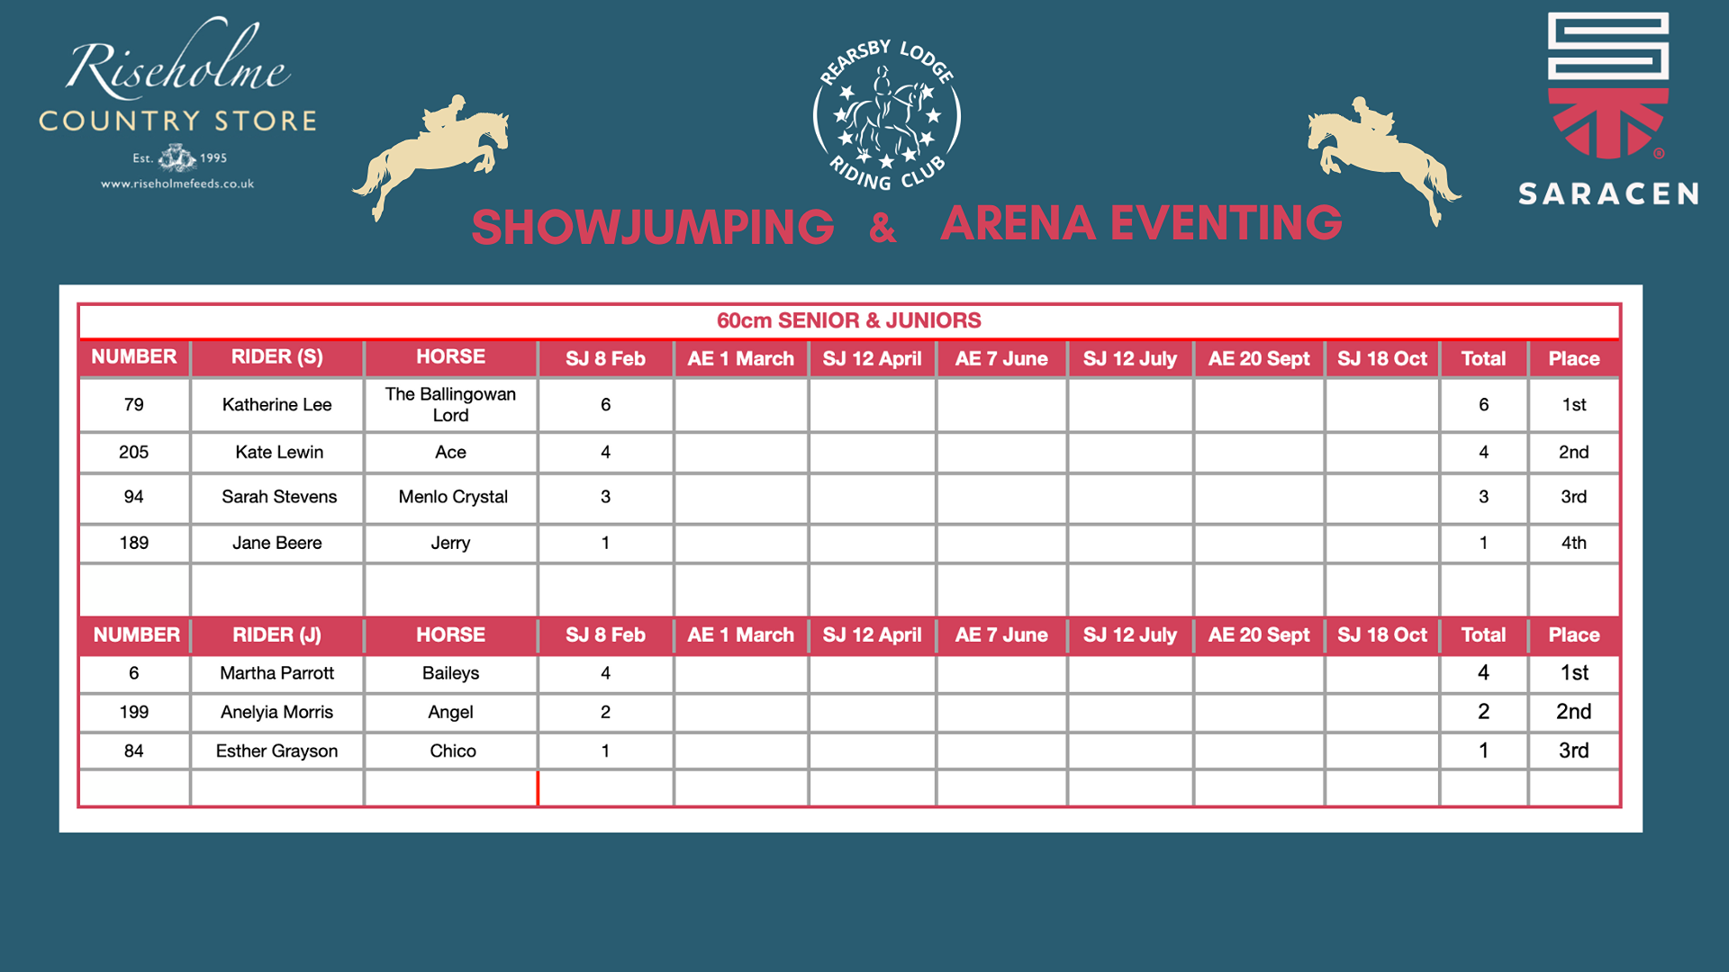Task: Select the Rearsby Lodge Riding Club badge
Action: click(887, 115)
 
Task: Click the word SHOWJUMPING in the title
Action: click(653, 227)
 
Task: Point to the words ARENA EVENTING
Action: click(1141, 223)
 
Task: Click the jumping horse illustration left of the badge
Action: click(431, 156)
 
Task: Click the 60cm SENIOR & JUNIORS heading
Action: click(848, 320)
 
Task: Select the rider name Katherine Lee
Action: click(276, 405)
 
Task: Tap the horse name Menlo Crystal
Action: click(453, 497)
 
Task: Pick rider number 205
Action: click(133, 452)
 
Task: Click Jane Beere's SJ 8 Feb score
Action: click(605, 543)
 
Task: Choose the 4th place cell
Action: click(1573, 543)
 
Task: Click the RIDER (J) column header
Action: click(276, 634)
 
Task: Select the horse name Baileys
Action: click(450, 673)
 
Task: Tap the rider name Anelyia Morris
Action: click(276, 712)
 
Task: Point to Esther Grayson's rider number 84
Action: click(133, 751)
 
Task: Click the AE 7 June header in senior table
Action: click(1001, 358)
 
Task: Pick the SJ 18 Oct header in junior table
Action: click(1381, 634)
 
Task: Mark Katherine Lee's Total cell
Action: click(1483, 405)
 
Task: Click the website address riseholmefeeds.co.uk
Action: click(177, 184)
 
